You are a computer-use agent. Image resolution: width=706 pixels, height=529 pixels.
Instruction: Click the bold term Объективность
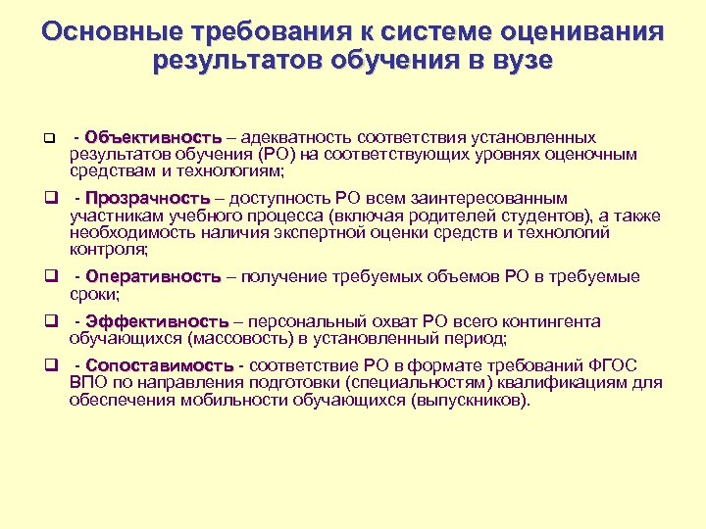click(153, 137)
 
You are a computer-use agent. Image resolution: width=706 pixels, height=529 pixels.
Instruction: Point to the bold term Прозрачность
click(148, 198)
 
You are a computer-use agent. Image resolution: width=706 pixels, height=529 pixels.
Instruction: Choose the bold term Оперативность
click(153, 277)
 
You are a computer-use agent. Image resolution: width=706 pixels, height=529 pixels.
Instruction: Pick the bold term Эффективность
click(157, 321)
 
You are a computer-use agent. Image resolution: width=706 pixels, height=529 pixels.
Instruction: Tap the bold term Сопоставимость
click(160, 365)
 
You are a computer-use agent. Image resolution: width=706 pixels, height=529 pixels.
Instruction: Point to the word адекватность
click(296, 137)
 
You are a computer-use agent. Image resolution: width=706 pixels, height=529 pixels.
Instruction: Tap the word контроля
click(104, 250)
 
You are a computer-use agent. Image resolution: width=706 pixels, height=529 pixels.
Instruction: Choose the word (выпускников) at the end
click(462, 401)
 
